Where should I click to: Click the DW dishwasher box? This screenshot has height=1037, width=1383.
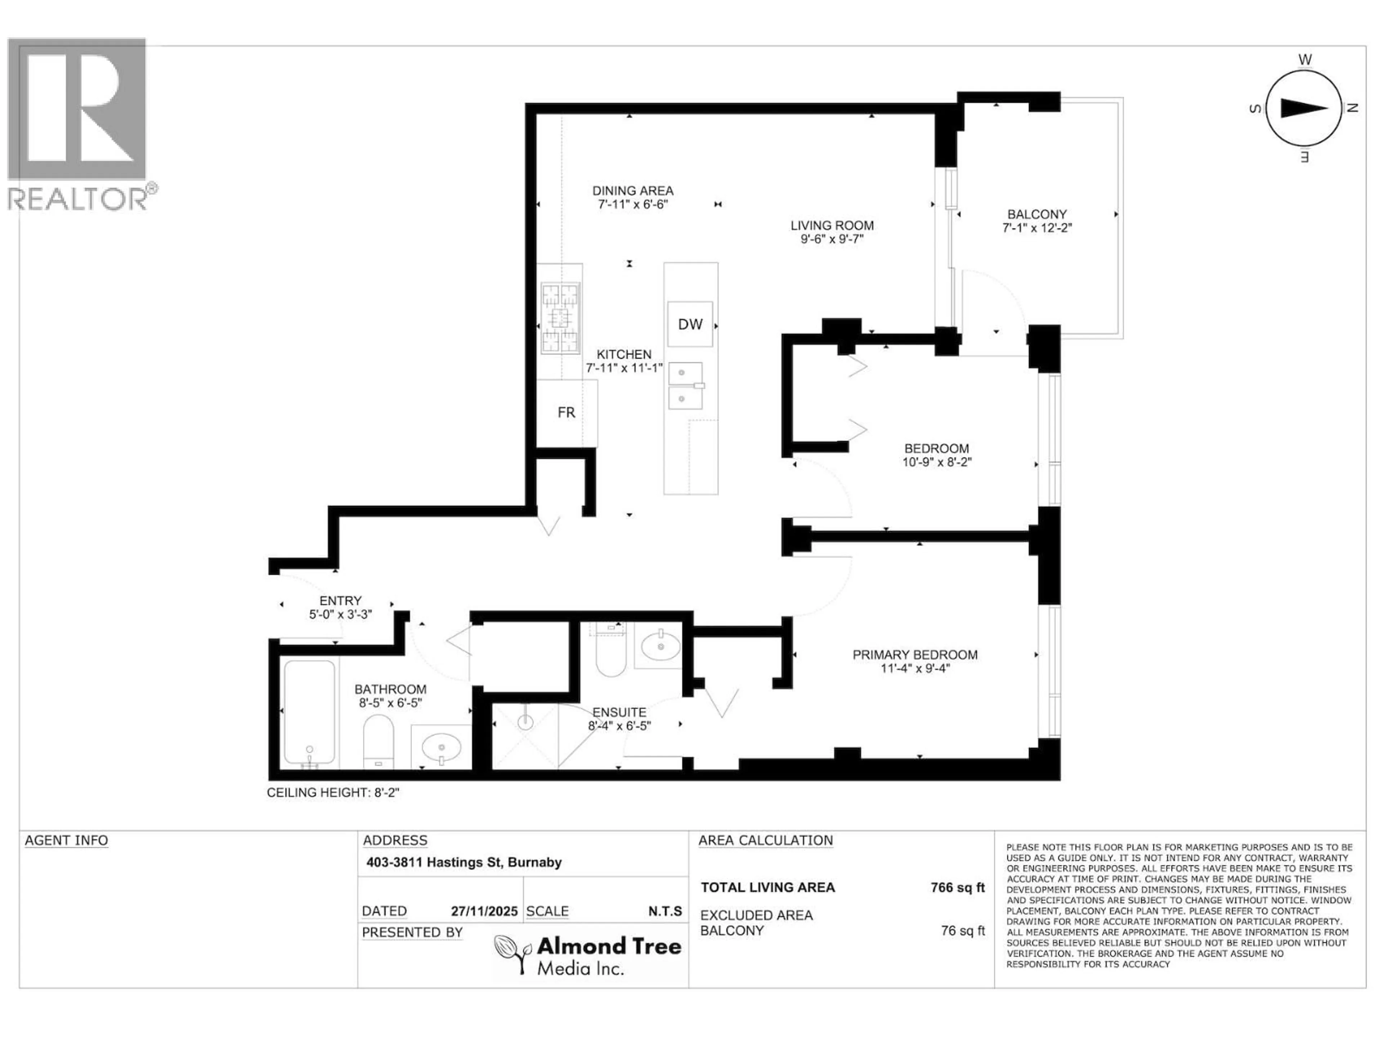690,324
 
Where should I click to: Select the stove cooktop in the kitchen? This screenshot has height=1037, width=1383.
560,318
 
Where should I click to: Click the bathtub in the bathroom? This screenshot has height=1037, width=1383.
309,713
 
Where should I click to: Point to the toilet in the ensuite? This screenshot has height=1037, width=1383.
610,656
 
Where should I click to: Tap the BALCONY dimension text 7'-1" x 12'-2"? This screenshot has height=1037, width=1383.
1037,228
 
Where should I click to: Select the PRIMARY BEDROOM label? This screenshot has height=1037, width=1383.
915,655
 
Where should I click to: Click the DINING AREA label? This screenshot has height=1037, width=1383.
633,190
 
